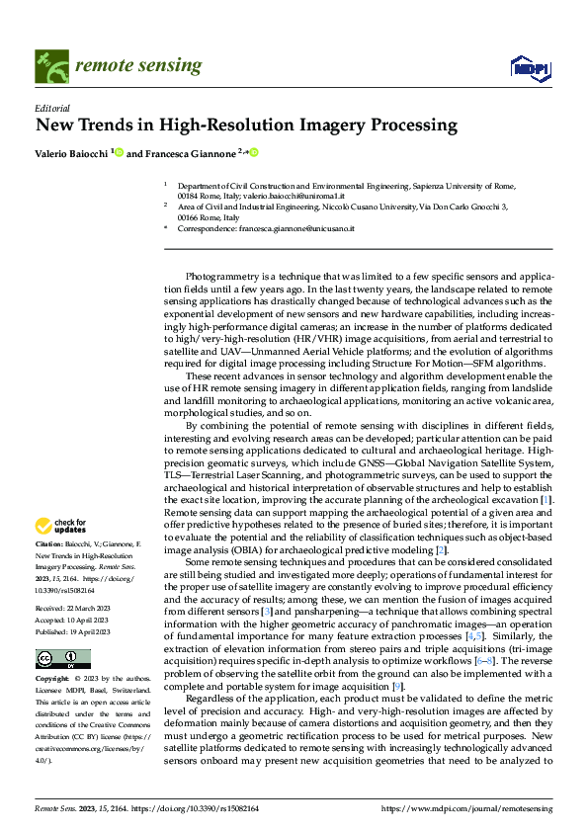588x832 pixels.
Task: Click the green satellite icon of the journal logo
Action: click(49, 66)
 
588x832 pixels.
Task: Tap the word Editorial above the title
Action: click(51, 108)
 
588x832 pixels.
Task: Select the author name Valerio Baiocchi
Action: click(73, 153)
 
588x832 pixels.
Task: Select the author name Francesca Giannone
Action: click(191, 153)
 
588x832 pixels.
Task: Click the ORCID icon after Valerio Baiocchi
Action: click(120, 153)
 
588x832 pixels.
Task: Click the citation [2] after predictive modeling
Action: click(442, 548)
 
